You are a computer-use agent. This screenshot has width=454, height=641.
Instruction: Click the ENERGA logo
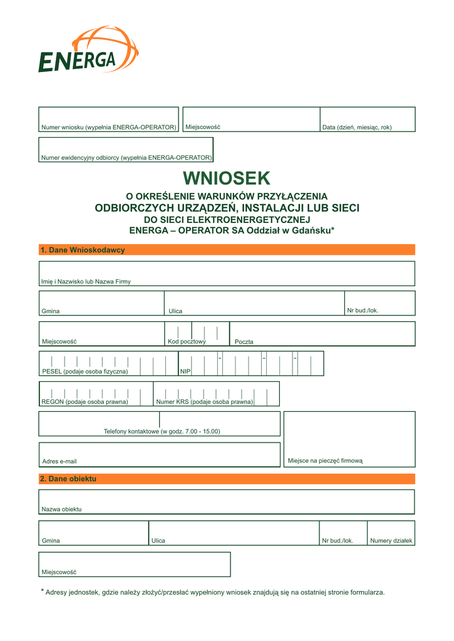click(x=88, y=50)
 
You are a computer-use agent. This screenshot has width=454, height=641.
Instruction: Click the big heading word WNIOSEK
click(x=227, y=178)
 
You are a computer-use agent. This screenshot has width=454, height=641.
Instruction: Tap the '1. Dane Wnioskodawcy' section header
click(x=82, y=250)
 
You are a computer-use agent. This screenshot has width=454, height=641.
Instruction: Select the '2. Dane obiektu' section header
click(x=68, y=479)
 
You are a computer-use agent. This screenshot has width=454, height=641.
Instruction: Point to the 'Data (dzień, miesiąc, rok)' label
click(x=356, y=128)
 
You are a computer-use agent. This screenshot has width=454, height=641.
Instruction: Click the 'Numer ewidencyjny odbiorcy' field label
click(x=126, y=158)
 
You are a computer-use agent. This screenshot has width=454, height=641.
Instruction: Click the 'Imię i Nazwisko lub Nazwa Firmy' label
click(x=86, y=282)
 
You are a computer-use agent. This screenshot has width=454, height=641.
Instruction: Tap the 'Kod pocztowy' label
click(x=187, y=341)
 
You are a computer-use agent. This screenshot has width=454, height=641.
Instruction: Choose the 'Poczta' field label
click(x=244, y=342)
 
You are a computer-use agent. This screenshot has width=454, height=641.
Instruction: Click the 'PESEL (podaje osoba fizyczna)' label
click(x=85, y=371)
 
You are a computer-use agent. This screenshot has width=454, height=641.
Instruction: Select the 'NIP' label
click(x=185, y=372)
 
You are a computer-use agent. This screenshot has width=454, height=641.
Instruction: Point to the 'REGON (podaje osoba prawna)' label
click(x=85, y=402)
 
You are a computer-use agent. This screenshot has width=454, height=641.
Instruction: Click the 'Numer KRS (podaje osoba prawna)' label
click(x=205, y=402)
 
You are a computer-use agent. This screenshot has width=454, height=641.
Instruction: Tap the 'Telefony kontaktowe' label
click(x=162, y=431)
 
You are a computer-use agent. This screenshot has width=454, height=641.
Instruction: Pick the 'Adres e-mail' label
click(x=59, y=461)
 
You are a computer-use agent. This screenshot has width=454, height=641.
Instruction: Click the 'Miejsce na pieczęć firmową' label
click(x=325, y=461)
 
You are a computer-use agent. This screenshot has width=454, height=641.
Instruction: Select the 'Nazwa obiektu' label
click(x=61, y=509)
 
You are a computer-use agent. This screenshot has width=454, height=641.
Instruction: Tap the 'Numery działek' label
click(x=391, y=541)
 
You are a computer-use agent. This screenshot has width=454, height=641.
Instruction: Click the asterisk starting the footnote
click(x=43, y=592)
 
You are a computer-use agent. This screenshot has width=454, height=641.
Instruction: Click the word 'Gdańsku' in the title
click(x=312, y=230)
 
